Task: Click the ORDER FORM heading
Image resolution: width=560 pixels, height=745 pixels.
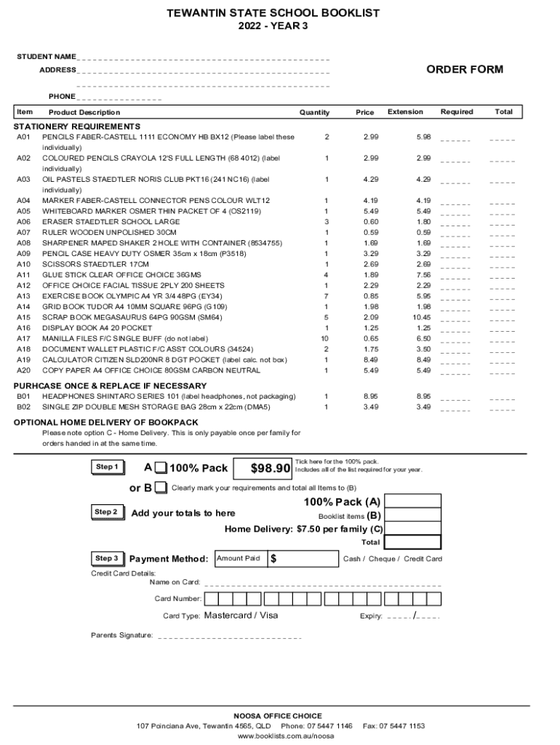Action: tap(464, 70)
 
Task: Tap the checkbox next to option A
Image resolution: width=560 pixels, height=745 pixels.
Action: tap(161, 468)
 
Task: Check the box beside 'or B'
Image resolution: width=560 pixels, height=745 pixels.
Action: tap(161, 487)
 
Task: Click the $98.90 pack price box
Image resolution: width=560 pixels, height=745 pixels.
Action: tap(270, 468)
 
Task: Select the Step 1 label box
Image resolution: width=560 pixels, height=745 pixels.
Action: tap(106, 467)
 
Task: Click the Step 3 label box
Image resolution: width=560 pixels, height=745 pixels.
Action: tap(106, 559)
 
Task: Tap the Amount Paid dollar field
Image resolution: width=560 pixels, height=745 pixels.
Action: tap(303, 559)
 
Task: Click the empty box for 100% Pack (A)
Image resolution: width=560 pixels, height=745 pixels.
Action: tap(412, 501)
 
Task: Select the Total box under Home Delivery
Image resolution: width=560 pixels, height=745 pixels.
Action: tap(412, 542)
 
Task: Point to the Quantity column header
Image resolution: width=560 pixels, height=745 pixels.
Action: tap(314, 113)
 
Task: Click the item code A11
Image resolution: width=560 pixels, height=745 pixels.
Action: tap(24, 275)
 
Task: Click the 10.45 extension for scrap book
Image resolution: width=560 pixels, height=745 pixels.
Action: tap(423, 317)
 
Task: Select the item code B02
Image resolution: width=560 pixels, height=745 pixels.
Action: tap(24, 407)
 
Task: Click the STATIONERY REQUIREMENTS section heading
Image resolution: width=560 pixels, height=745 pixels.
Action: tap(67, 127)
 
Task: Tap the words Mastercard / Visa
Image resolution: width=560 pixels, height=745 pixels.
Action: tap(241, 615)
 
